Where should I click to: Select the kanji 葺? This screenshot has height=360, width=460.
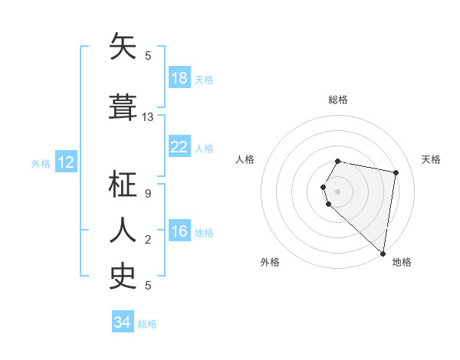tap(123, 107)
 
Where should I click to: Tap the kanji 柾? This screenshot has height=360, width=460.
tap(123, 185)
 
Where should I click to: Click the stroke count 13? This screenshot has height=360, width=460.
tap(148, 117)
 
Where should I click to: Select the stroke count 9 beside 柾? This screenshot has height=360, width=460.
tap(148, 194)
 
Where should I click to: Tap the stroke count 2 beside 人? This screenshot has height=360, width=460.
tap(148, 240)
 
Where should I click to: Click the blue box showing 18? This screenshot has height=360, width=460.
tap(179, 78)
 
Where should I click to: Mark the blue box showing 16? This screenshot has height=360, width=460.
tap(179, 231)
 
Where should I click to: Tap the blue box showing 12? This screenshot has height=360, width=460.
tap(66, 162)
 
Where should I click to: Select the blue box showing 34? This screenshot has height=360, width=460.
tap(123, 322)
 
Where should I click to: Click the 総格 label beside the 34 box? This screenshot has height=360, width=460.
tap(147, 324)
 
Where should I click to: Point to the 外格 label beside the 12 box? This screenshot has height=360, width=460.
tap(41, 163)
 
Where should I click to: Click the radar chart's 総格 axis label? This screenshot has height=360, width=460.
tap(338, 100)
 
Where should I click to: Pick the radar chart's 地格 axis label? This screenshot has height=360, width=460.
tap(402, 262)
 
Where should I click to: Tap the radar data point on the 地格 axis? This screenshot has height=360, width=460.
tap(383, 253)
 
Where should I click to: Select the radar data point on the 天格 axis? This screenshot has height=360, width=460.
tap(396, 173)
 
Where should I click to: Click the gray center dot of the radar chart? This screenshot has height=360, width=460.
tap(338, 190)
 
